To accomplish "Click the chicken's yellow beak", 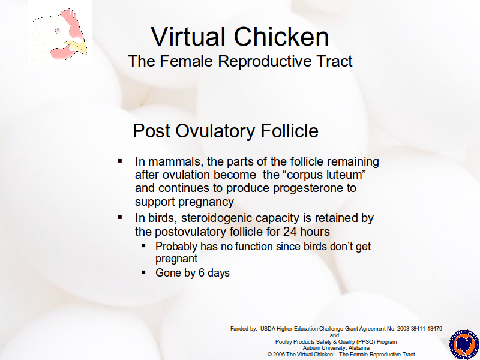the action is pyautogui.click(x=76, y=48).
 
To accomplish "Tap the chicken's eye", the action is pyautogui.click(x=58, y=31).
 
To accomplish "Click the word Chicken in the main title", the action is pyautogui.click(x=281, y=37).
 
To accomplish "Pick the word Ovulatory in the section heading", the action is pyautogui.click(x=215, y=131).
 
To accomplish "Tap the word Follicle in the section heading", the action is pyautogui.click(x=290, y=130).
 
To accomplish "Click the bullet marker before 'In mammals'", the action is pyautogui.click(x=120, y=161).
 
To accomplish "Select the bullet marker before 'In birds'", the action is pyautogui.click(x=120, y=217).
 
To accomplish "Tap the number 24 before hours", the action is pyautogui.click(x=290, y=232).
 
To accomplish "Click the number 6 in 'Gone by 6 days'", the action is pyautogui.click(x=202, y=273).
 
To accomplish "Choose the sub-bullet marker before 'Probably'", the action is pyautogui.click(x=144, y=245).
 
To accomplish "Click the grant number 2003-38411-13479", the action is pyautogui.click(x=419, y=329).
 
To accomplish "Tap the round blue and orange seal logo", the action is pyautogui.click(x=464, y=344).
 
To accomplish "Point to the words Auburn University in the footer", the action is pyautogui.click(x=325, y=348).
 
